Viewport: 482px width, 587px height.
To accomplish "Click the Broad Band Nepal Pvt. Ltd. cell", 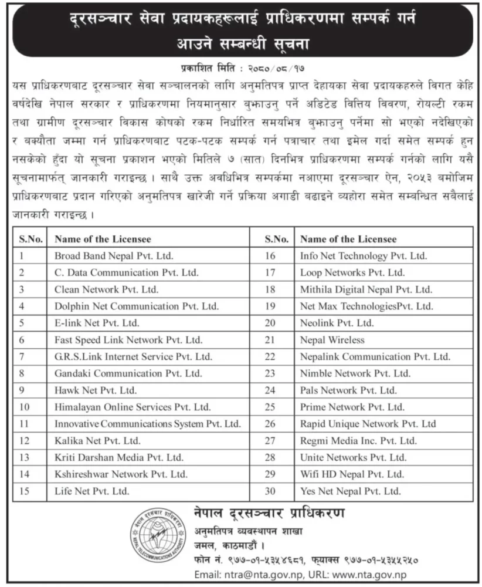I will point(114,256).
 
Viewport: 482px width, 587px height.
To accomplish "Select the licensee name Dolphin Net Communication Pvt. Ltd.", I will point(136,306).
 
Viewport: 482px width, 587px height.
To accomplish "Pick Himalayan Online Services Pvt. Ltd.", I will point(132,407).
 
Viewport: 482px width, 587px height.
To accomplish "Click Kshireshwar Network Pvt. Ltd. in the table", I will point(121,474).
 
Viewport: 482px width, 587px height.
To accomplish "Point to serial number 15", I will point(24,491).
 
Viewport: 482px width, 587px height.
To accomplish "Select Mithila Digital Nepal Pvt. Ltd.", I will point(366,289).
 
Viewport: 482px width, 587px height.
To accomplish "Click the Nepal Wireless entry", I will point(332,340).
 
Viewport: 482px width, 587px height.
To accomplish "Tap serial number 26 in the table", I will point(270,424).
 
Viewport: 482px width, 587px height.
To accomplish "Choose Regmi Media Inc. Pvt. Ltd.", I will point(358,440).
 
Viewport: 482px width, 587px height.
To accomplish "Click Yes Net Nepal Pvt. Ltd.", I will point(351,491).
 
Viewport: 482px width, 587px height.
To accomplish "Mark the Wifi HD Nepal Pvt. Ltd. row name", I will point(352,474).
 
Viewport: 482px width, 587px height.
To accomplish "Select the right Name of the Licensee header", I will point(348,239).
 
